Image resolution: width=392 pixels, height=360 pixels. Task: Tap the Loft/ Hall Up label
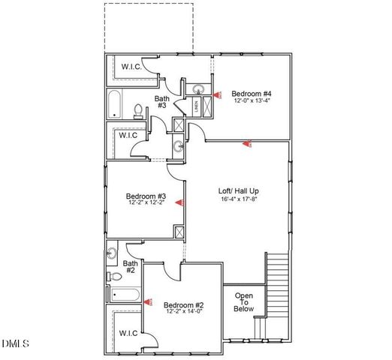(240, 190)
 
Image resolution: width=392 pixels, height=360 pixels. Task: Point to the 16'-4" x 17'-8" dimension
(240, 199)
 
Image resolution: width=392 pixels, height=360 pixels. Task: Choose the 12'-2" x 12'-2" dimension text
(145, 203)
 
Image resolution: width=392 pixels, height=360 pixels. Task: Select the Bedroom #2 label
(184, 304)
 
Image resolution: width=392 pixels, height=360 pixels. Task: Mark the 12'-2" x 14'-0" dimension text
(184, 312)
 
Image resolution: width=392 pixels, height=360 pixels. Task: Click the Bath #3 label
(161, 102)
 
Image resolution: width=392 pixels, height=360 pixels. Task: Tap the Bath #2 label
(130, 267)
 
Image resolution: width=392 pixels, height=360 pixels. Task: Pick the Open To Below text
(244, 302)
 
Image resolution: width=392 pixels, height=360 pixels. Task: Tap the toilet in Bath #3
(139, 111)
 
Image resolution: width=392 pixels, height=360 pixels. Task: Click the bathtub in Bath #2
(125, 295)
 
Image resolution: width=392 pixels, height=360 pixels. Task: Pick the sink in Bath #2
(112, 253)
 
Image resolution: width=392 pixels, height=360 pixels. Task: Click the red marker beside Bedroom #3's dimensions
(180, 202)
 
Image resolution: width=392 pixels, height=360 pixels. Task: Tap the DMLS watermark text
(15, 344)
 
